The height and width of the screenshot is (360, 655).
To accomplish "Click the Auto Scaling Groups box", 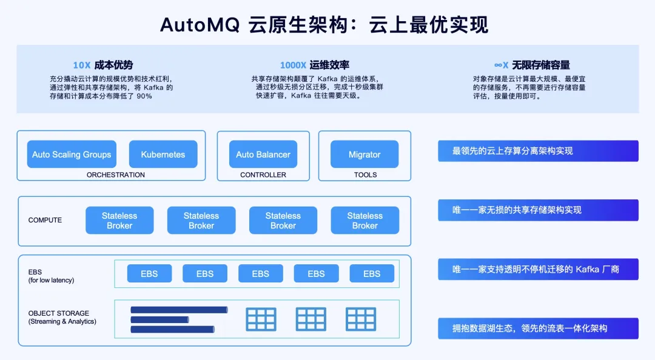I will (x=72, y=155).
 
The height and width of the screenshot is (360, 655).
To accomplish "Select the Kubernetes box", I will (x=163, y=155).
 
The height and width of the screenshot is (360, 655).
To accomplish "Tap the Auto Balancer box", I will (x=263, y=155).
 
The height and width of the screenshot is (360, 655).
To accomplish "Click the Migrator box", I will (x=364, y=155).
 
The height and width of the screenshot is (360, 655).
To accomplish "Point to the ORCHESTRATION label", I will (x=116, y=175).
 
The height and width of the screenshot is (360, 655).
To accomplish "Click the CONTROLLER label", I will (x=263, y=175).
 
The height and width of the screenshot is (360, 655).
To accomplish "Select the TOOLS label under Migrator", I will (x=366, y=175).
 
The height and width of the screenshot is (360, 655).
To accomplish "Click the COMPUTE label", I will (x=45, y=220).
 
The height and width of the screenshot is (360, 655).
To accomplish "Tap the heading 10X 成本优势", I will (x=102, y=65).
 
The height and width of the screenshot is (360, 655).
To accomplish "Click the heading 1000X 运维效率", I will (x=314, y=65).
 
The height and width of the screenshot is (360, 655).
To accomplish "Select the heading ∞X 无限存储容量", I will (x=532, y=65).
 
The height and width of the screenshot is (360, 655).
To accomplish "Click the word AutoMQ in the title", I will (x=200, y=25).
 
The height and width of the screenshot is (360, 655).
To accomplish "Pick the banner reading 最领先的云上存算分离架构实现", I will (x=538, y=151).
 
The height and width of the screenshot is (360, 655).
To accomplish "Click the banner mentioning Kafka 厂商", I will (x=538, y=269).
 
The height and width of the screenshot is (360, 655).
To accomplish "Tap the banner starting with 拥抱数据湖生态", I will (x=538, y=328).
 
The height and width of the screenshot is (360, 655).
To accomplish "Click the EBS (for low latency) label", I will (x=52, y=276).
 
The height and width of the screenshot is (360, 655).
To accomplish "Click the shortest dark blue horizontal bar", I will (x=160, y=319).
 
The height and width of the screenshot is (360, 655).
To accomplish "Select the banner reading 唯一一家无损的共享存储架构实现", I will (x=538, y=210).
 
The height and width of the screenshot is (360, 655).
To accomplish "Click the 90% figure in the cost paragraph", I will (x=144, y=96).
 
